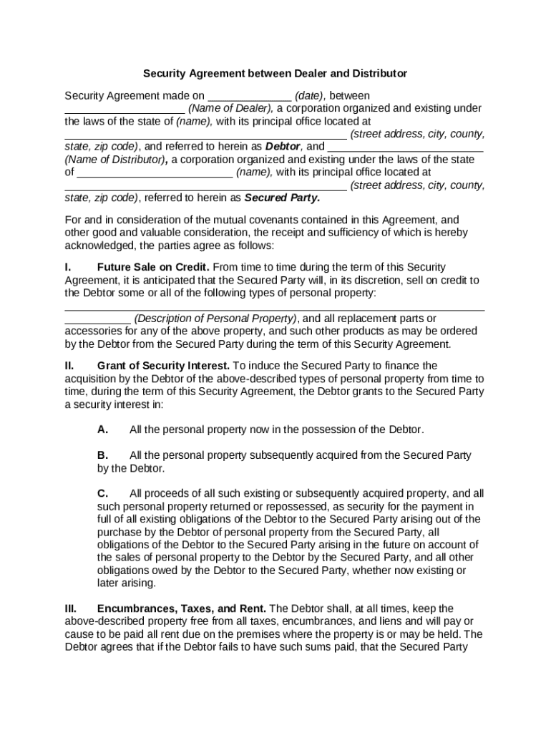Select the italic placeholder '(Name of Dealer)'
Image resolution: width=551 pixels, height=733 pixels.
pos(230,109)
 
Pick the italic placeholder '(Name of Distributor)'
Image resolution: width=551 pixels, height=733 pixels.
pos(116,160)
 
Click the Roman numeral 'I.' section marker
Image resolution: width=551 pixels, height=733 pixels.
pos(69,268)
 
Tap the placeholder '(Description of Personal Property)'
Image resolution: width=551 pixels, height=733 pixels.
pos(215,319)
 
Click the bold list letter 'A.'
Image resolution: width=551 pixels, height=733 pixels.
pos(103,430)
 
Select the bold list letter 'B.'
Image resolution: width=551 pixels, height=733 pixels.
pos(103,455)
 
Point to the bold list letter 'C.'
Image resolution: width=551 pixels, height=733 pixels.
pos(103,494)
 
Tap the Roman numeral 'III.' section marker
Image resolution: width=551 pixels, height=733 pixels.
pos(72,608)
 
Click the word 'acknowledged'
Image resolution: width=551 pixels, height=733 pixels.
pos(99,246)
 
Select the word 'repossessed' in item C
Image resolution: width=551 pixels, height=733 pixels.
pos(292,507)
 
